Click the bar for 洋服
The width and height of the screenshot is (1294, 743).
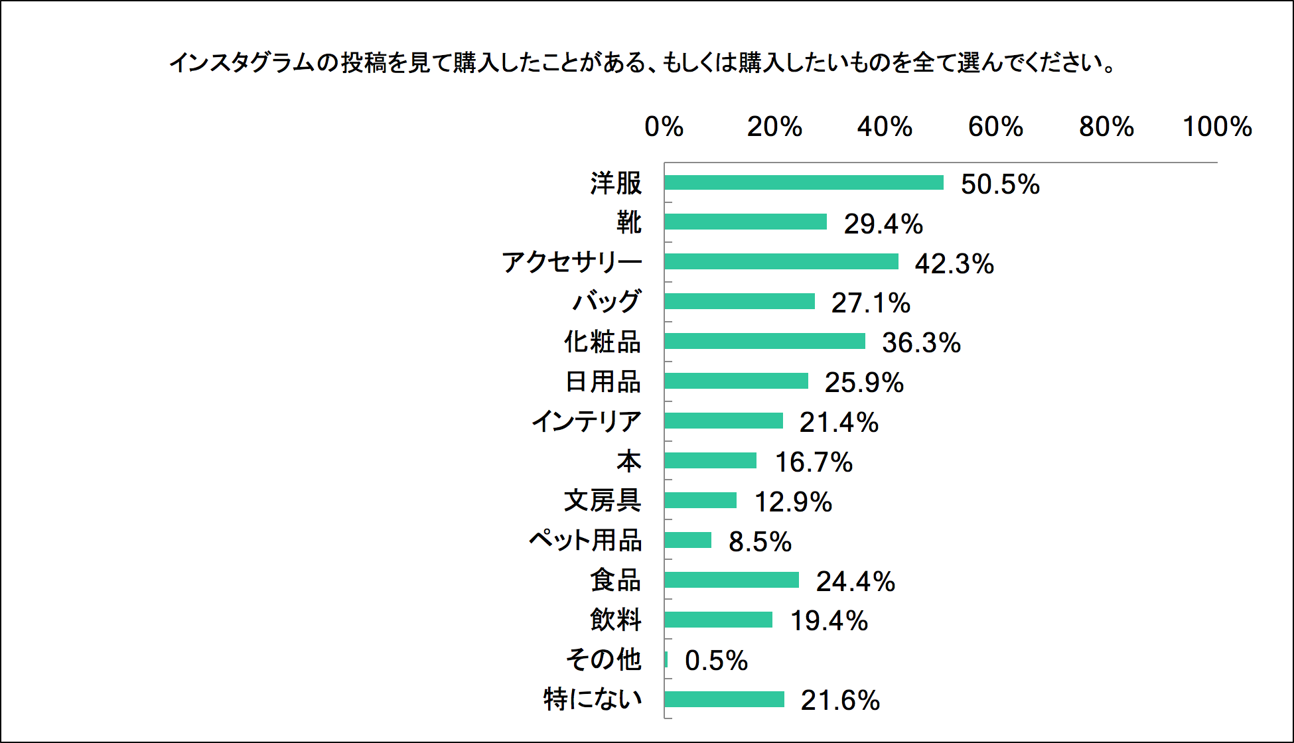click(804, 182)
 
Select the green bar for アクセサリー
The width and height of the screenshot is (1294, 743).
click(781, 261)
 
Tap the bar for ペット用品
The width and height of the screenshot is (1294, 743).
click(687, 540)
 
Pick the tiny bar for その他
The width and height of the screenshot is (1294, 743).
click(666, 659)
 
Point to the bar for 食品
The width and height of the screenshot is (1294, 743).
click(731, 580)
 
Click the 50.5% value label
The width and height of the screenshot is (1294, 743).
click(1000, 184)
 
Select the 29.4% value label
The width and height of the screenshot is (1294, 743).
click(883, 224)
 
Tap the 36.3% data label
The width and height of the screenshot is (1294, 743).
click(921, 343)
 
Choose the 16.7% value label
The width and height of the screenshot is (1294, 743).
click(814, 462)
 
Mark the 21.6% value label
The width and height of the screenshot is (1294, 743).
click(840, 701)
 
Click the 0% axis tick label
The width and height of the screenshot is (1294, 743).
click(664, 127)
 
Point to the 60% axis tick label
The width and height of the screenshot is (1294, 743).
click(995, 127)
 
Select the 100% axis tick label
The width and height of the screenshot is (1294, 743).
click(1217, 127)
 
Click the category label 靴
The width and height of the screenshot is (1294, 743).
click(628, 222)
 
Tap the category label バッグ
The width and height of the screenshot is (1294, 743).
click(607, 302)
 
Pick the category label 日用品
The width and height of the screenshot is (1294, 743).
click(603, 381)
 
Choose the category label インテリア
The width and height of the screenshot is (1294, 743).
click(586, 421)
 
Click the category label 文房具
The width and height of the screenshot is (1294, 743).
click(602, 500)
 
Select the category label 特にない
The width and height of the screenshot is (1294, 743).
click(593, 699)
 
